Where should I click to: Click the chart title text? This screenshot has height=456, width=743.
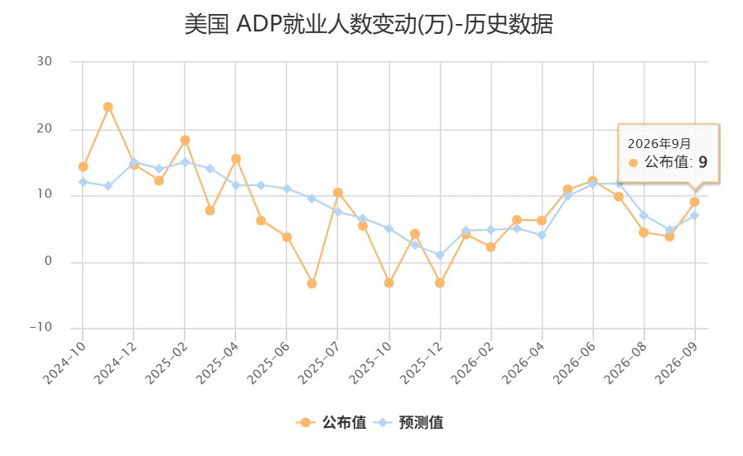click(x=369, y=24)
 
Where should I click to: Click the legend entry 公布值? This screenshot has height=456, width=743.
click(x=330, y=422)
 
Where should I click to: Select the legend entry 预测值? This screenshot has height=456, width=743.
click(x=408, y=422)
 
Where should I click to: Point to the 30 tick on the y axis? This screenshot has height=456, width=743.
click(x=44, y=61)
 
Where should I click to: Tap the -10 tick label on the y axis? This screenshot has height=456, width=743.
click(x=41, y=327)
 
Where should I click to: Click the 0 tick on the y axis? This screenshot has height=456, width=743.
click(x=48, y=261)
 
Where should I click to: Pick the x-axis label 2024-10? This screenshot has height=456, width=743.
click(x=65, y=362)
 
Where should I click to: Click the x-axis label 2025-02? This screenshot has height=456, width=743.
click(x=166, y=362)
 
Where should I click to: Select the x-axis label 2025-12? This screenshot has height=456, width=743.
click(x=422, y=362)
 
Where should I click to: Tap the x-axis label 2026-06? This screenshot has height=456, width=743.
click(x=575, y=362)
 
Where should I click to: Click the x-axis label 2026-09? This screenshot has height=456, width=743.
click(x=677, y=362)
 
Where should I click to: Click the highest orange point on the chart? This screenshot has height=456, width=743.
click(x=108, y=107)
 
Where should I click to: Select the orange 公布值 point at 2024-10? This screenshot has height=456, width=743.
click(x=83, y=166)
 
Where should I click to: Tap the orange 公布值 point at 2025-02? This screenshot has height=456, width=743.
click(x=185, y=140)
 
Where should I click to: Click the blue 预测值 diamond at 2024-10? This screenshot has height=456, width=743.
click(x=83, y=182)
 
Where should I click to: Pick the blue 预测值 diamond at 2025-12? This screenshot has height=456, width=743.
click(x=440, y=255)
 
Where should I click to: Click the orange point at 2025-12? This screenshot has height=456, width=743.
click(x=440, y=283)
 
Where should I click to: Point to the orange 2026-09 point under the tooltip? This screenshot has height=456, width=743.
click(x=694, y=202)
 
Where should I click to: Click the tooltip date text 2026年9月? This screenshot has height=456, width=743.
click(x=659, y=143)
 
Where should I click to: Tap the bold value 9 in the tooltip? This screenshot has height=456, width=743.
click(x=702, y=162)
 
